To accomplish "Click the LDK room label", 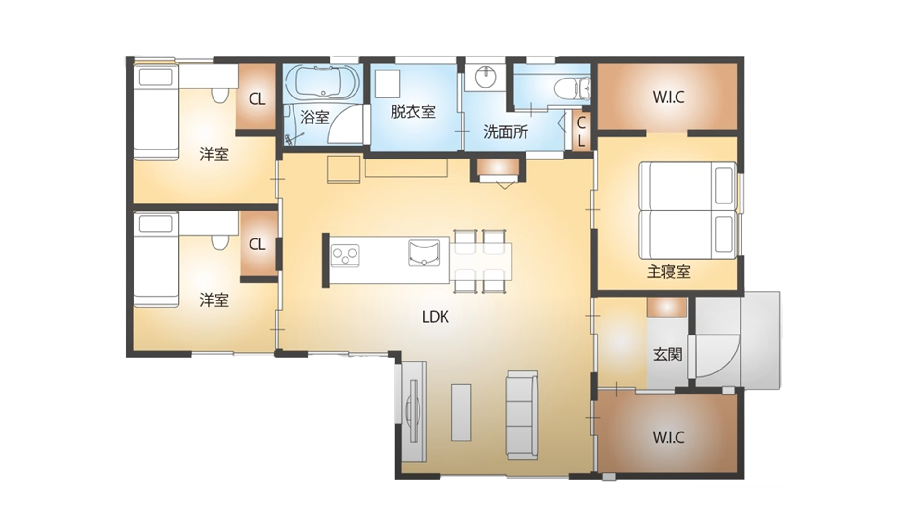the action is (x=435, y=317).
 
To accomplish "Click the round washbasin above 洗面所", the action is (x=485, y=78).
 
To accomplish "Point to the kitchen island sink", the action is (x=424, y=253).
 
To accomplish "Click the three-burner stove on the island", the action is (x=345, y=256).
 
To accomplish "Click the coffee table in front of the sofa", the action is (x=461, y=412).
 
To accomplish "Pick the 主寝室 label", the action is (x=668, y=272).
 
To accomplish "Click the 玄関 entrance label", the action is (x=668, y=354).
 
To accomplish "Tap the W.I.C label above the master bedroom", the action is (x=668, y=97).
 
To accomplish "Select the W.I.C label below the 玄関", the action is (x=668, y=437).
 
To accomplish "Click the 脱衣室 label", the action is (x=413, y=112).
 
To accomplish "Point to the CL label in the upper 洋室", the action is (x=257, y=99).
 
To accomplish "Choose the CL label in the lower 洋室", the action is (x=257, y=244).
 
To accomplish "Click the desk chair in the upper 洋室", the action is (x=219, y=96).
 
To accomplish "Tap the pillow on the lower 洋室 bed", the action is (x=155, y=224).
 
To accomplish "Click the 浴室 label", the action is (x=314, y=117).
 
